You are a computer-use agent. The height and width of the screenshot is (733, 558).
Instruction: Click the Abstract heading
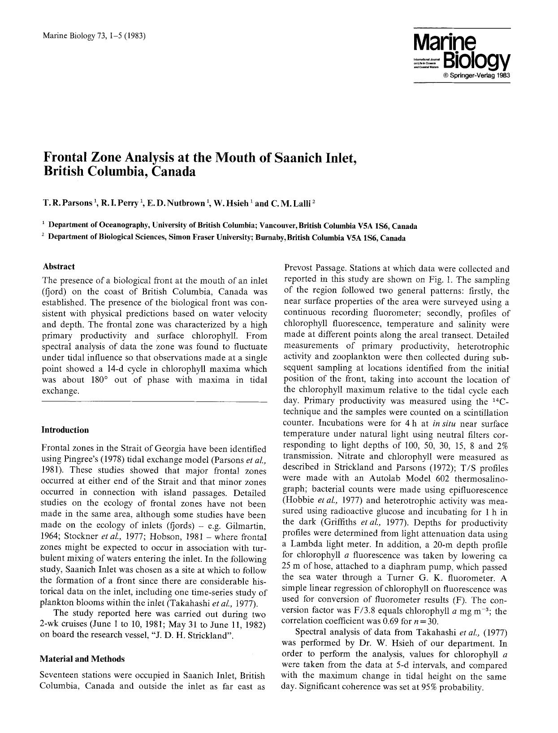58,267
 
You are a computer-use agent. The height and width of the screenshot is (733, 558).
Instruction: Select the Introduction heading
65,430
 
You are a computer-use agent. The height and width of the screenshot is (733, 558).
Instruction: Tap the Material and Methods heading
82,659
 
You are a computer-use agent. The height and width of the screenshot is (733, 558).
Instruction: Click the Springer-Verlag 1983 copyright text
476,75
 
